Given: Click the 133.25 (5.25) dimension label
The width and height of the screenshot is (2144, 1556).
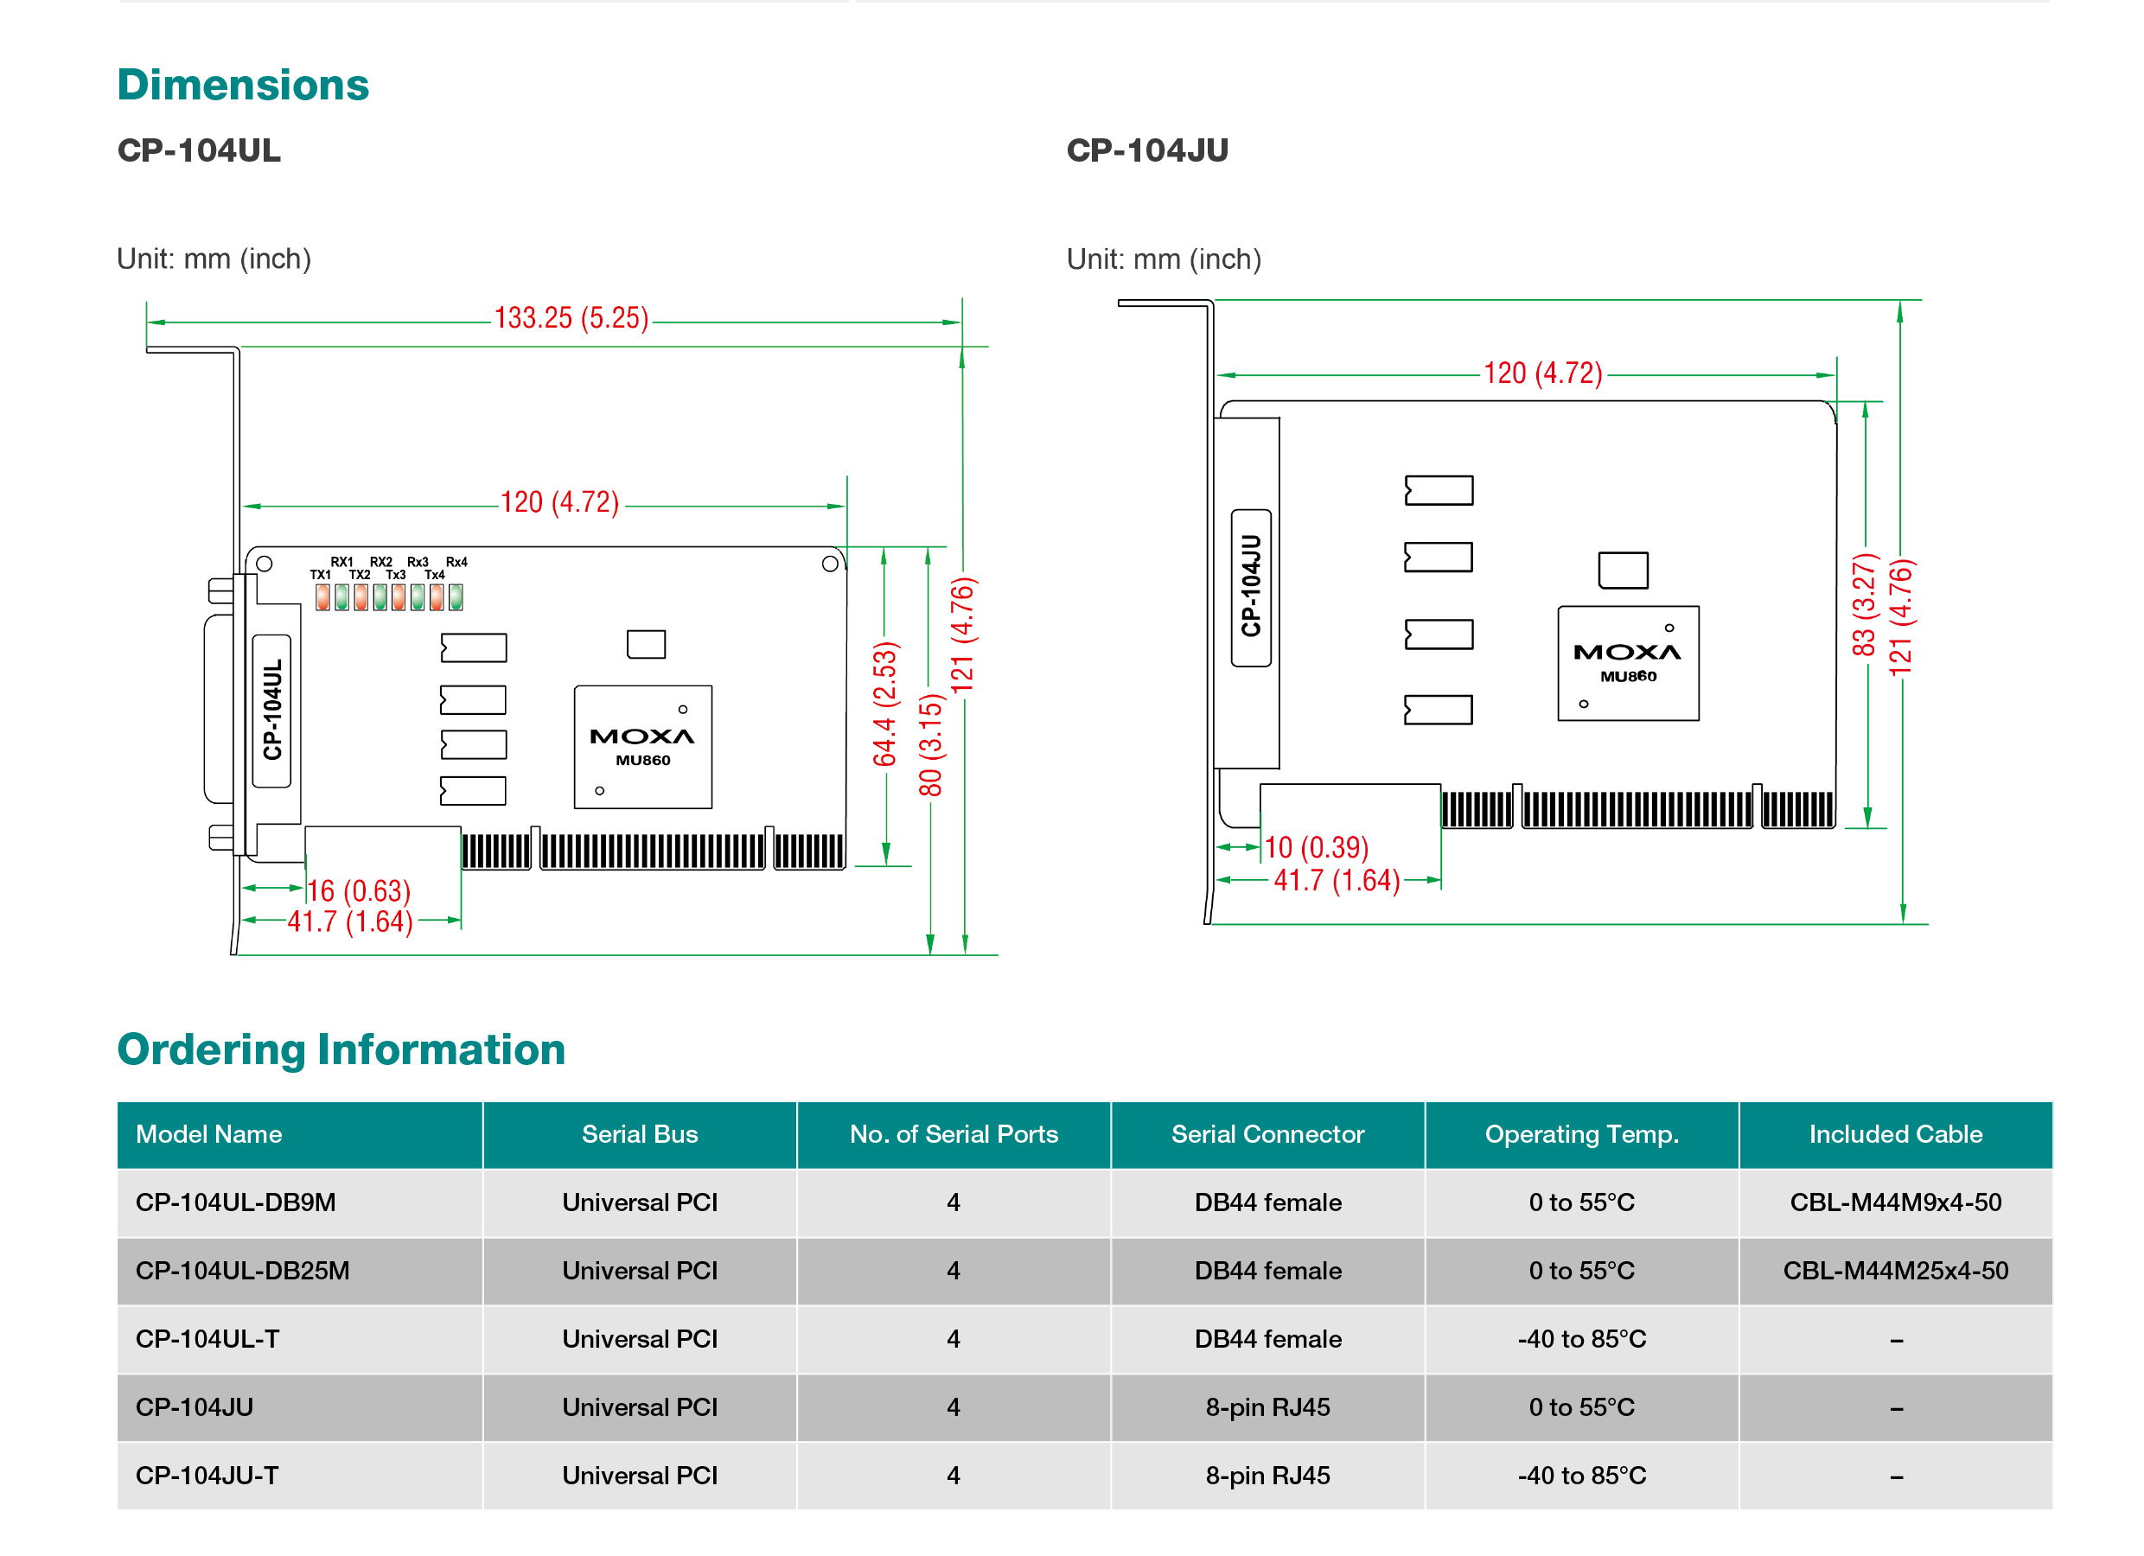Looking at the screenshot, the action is (571, 319).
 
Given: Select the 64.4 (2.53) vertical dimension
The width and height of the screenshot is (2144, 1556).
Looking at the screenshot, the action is (884, 704).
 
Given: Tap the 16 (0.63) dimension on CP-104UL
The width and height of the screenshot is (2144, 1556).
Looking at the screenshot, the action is (360, 890).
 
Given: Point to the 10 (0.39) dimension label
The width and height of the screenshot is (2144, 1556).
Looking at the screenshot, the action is (1316, 847).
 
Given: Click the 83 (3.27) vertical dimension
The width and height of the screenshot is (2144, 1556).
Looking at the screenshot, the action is (1862, 605).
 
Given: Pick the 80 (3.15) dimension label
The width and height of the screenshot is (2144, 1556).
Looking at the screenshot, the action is (930, 745).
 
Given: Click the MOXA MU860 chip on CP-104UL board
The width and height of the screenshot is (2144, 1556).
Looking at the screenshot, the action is (643, 747).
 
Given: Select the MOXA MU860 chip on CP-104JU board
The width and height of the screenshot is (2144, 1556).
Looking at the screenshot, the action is (1628, 664).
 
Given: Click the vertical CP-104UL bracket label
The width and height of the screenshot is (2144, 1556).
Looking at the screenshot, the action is (272, 710).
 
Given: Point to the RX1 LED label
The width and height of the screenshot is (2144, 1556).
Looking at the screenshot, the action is (341, 562).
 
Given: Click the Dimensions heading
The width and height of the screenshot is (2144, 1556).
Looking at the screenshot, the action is (243, 85).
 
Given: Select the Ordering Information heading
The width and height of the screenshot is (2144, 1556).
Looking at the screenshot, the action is (341, 1049).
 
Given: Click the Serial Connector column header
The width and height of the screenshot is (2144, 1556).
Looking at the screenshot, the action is (1267, 1134).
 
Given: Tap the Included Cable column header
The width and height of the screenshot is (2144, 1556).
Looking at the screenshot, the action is (1895, 1134).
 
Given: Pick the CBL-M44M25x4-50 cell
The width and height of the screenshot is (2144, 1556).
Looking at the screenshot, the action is (1895, 1271).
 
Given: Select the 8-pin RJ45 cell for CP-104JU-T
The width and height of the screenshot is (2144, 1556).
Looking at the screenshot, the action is (1267, 1476).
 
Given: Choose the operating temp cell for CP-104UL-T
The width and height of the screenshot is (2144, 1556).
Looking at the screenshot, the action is (1581, 1340).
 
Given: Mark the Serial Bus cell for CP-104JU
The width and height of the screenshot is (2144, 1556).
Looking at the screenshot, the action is (640, 1407).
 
